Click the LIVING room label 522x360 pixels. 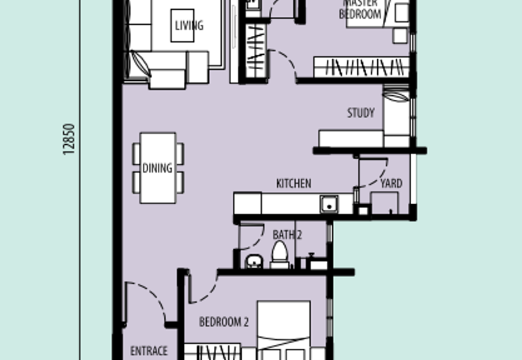[x=189, y=25]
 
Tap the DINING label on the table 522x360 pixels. [x=157, y=168]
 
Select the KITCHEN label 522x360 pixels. [x=294, y=183]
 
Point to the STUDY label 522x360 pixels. [x=361, y=113]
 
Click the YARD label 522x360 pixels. [x=391, y=183]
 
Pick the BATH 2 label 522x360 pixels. [x=287, y=235]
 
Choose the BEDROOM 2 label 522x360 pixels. [x=224, y=322]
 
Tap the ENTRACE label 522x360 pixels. [x=149, y=351]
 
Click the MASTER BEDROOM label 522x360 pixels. [x=360, y=9]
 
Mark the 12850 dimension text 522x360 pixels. [x=69, y=139]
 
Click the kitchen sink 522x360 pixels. [x=329, y=204]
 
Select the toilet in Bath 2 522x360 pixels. [x=280, y=254]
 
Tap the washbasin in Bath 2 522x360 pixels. [x=254, y=262]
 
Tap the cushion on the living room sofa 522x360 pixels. [x=140, y=63]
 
